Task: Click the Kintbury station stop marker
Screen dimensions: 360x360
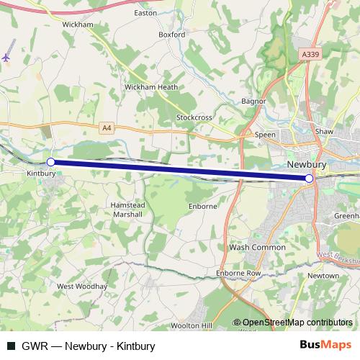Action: (x=50, y=162)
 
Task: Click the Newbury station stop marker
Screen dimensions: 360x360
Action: (x=310, y=178)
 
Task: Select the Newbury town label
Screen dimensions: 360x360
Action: (x=307, y=164)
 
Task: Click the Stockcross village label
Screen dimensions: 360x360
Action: (x=195, y=117)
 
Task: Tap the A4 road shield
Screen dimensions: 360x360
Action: (x=107, y=127)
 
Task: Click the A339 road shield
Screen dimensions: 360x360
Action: (x=310, y=54)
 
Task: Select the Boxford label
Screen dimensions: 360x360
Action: (x=172, y=34)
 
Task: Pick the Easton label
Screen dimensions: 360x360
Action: (x=145, y=13)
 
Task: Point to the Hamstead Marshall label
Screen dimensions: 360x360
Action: (x=127, y=210)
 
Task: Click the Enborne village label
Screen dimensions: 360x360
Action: (x=202, y=206)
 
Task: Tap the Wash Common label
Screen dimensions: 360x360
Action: (x=257, y=247)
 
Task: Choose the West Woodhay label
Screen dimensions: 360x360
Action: (x=82, y=286)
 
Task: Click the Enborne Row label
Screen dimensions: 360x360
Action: (x=238, y=274)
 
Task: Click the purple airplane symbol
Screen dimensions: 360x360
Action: (x=6, y=57)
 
